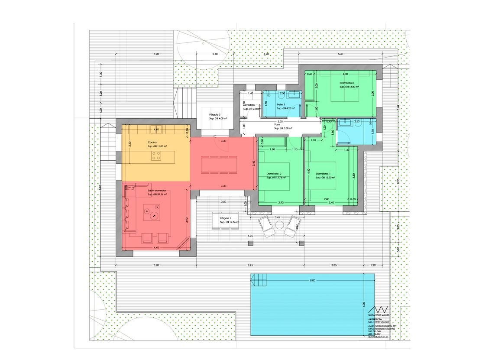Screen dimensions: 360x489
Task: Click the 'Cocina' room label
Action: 152,142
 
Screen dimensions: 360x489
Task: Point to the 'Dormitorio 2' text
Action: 274,173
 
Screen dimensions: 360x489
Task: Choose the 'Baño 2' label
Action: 281,104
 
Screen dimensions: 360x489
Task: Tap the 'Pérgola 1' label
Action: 226,218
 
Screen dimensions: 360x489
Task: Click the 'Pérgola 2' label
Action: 215,114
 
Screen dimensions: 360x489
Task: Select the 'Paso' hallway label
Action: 277,124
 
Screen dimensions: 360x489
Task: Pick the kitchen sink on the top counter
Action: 156,129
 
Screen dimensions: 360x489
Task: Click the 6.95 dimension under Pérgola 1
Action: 250,236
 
